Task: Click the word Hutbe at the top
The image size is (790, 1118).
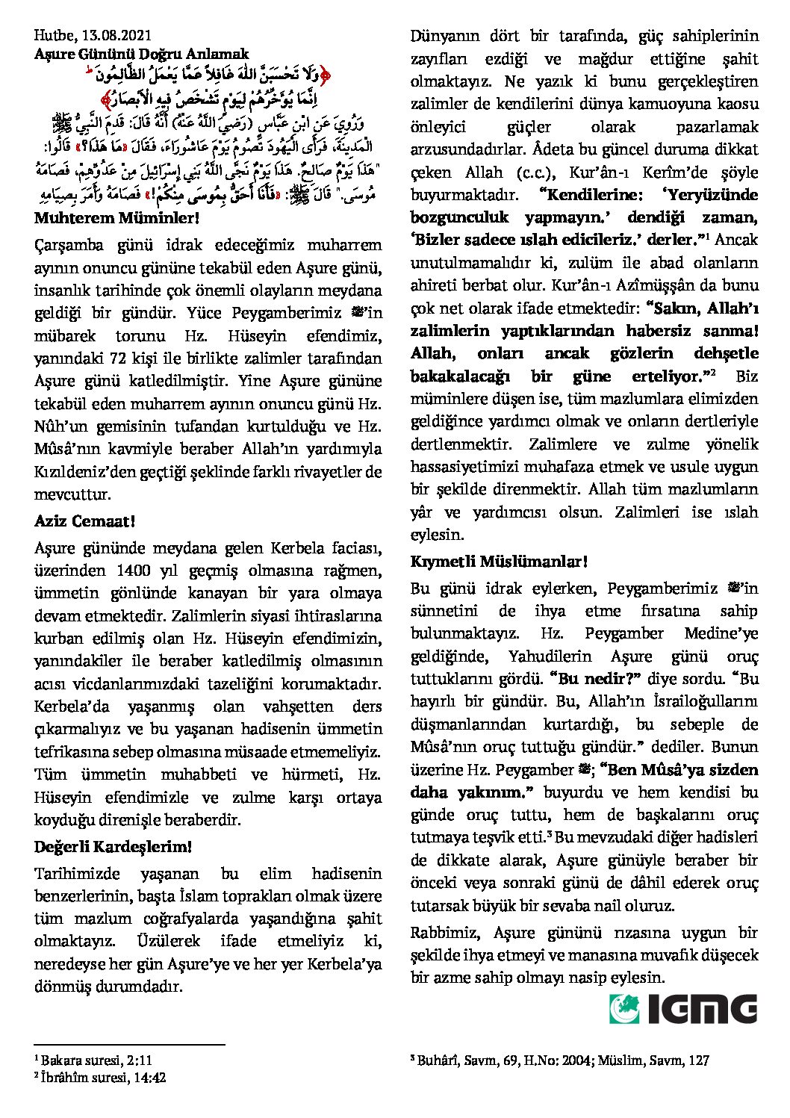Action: (x=52, y=35)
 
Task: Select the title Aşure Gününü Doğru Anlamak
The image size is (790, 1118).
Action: (x=141, y=54)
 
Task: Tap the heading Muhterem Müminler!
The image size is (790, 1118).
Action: (x=117, y=219)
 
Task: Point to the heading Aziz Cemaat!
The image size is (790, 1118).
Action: (x=84, y=521)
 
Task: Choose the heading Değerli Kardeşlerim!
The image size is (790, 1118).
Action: (x=113, y=847)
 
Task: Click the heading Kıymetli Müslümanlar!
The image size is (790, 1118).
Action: (x=499, y=562)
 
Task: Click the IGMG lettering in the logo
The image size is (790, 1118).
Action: (x=703, y=1009)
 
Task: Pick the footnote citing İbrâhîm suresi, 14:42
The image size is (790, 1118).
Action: (x=100, y=1077)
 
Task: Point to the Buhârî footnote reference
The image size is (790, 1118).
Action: (x=560, y=1060)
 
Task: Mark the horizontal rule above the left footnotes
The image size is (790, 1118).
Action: (x=129, y=1045)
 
